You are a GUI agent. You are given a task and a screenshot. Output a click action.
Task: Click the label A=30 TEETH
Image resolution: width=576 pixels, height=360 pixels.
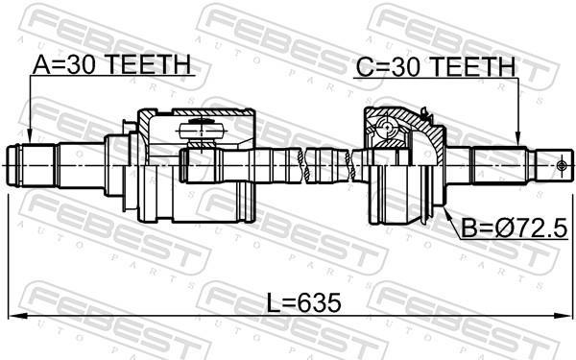click(x=111, y=64)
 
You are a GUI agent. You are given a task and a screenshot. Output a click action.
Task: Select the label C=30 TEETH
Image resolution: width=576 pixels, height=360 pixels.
click(x=436, y=67)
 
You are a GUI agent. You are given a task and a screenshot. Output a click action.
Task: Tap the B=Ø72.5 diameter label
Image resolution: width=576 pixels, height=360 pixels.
click(x=515, y=228)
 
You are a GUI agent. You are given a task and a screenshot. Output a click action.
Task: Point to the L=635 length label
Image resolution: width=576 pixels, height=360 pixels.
click(x=303, y=303)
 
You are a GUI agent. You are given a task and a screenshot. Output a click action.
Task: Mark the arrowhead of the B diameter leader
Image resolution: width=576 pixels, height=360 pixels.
click(x=446, y=212)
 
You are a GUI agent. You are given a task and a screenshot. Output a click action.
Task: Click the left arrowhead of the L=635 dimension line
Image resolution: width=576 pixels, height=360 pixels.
click(x=14, y=316)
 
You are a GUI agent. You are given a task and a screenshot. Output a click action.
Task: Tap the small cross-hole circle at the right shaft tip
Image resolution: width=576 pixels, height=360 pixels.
click(x=561, y=166)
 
